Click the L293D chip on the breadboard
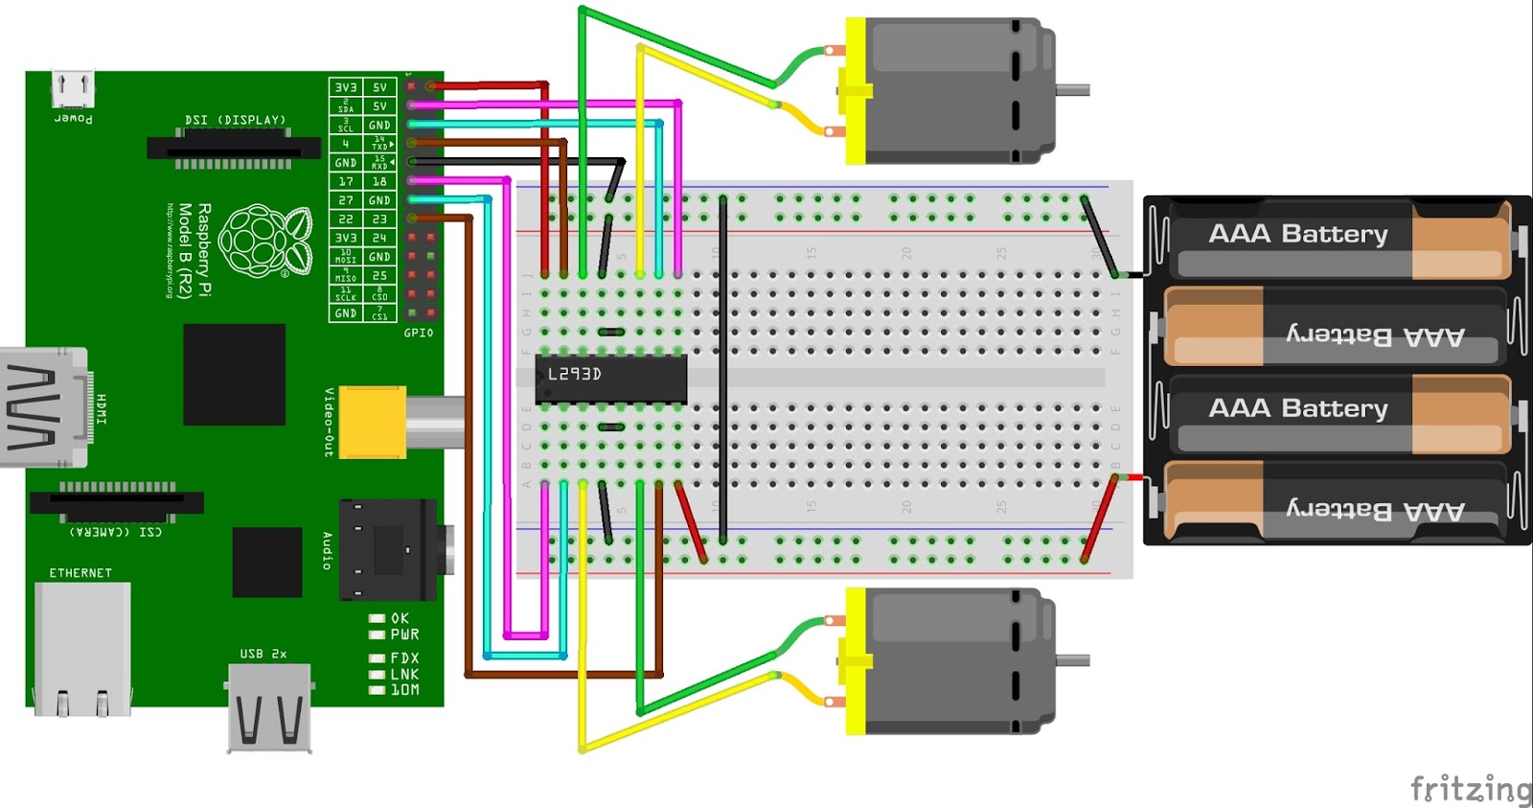pyautogui.click(x=611, y=378)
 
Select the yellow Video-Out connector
pyautogui.click(x=373, y=422)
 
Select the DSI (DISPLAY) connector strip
pyautogui.click(x=234, y=149)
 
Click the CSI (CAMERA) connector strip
pyautogui.click(x=117, y=502)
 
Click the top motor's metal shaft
pyautogui.click(x=1072, y=90)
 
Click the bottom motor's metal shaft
pyautogui.click(x=1072, y=660)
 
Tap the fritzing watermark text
pyautogui.click(x=1470, y=788)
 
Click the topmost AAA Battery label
pyautogui.click(x=1297, y=234)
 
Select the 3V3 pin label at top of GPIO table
pyautogui.click(x=345, y=87)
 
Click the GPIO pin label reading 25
pyautogui.click(x=379, y=275)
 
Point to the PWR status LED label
pyautogui.click(x=404, y=635)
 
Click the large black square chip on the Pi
pyautogui.click(x=234, y=374)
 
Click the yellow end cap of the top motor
pyautogui.click(x=855, y=91)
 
